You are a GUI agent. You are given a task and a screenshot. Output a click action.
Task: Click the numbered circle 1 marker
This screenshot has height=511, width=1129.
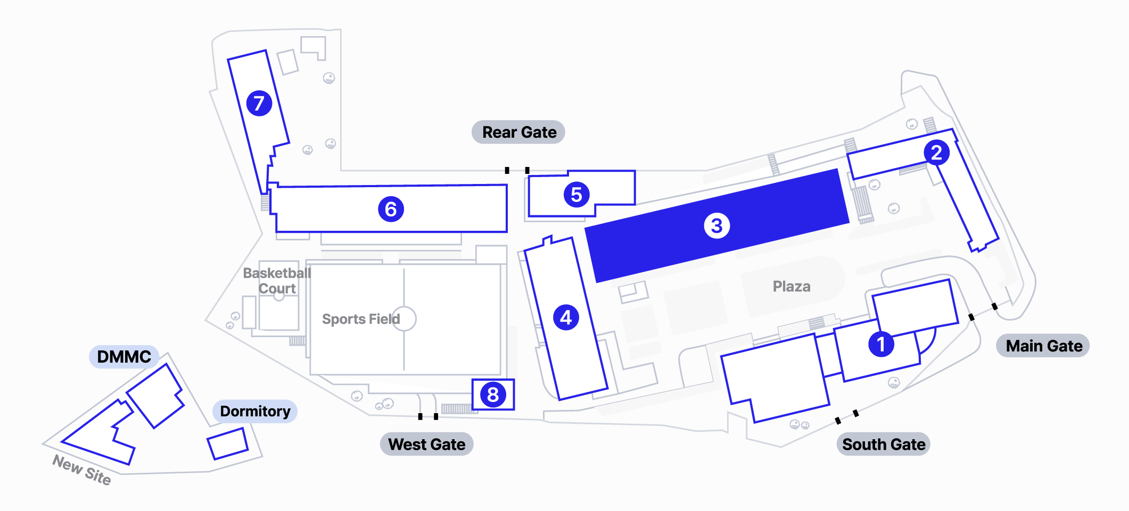point(881,344)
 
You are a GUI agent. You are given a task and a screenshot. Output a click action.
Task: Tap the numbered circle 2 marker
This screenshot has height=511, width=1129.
point(936,153)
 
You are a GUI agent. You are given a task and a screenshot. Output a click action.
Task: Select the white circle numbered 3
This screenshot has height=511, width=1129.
point(716,225)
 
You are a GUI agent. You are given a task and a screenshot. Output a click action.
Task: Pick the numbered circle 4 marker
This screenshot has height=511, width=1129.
point(566,317)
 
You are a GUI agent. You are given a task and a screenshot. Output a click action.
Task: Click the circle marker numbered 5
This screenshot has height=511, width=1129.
point(576,195)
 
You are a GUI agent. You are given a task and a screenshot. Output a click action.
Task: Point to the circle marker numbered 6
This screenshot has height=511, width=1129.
point(391,209)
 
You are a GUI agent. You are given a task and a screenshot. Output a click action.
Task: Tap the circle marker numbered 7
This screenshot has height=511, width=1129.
point(259,103)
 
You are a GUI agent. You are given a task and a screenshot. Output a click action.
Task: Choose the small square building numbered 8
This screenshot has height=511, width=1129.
point(493,395)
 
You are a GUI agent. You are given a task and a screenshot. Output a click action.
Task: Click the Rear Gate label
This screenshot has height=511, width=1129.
point(518,132)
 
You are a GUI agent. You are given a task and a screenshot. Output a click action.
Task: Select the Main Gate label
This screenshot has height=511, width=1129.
point(1043,346)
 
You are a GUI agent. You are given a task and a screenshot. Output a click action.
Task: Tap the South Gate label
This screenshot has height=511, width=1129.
point(884,445)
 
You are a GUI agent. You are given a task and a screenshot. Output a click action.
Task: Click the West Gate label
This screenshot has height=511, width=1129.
point(426,445)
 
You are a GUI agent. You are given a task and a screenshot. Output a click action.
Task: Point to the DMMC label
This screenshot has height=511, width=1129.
point(124,357)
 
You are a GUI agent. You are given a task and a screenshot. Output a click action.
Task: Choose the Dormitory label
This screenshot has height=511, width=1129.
point(255,412)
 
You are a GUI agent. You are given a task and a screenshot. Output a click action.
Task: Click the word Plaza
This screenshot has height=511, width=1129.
point(792,287)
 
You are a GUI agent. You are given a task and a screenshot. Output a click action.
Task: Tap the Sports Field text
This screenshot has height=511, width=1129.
point(360,319)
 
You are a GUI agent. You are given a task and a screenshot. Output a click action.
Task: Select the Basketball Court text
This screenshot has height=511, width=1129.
point(277,281)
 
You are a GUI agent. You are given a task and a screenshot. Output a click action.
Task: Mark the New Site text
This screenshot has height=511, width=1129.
point(81,470)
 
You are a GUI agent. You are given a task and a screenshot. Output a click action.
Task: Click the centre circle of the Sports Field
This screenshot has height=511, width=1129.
point(404,319)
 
